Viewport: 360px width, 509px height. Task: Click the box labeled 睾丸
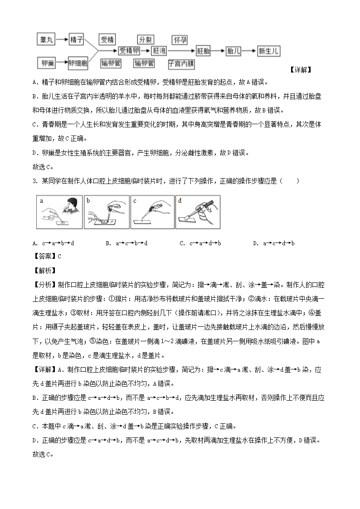47,40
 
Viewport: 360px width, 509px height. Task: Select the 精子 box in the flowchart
77,40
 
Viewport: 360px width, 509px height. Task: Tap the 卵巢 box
47,63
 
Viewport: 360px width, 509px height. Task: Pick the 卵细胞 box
78,63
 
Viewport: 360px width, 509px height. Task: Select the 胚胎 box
204,51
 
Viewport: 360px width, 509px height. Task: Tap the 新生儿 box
269,51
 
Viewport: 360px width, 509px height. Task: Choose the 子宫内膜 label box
181,63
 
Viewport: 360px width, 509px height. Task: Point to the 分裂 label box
147,39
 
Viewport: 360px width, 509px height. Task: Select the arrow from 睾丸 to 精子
62,40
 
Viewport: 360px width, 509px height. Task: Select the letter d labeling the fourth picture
180,200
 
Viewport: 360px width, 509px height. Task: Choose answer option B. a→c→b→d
126,243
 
